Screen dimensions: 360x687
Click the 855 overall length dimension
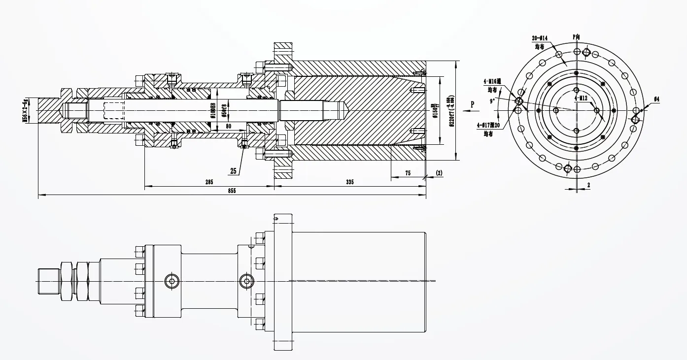(232, 191)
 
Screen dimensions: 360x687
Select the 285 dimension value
(209, 182)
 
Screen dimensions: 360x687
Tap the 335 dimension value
(349, 182)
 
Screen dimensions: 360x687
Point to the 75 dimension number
(408, 173)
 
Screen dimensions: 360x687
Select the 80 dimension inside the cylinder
(228, 126)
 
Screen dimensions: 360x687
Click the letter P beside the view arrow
(472, 104)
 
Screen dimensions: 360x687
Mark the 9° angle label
(492, 101)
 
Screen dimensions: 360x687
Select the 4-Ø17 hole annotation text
(488, 125)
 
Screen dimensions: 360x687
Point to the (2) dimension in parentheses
(439, 173)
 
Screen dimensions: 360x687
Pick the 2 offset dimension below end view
(588, 185)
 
